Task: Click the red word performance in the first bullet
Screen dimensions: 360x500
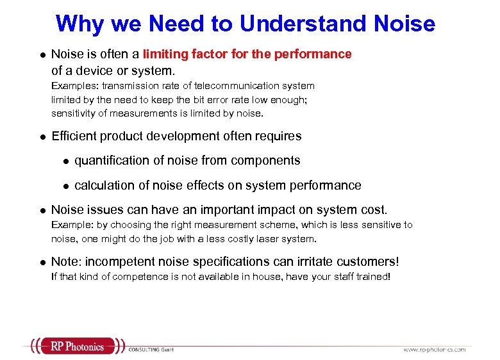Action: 313,54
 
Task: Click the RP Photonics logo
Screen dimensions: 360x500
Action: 76,347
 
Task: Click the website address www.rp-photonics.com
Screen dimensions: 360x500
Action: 434,349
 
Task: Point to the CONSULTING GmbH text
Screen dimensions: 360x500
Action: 151,350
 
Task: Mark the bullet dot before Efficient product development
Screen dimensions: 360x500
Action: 40,136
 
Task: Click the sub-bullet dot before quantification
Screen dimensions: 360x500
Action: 64,161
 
